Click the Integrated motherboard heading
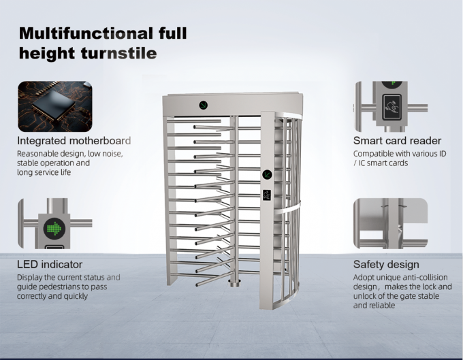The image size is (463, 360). tap(74, 141)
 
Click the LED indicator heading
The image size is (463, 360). tap(50, 264)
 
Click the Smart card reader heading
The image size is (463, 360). tap(397, 141)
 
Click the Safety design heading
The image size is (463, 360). tap(386, 264)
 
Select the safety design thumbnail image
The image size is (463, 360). tap(390, 224)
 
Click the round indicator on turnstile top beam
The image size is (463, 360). tap(204, 105)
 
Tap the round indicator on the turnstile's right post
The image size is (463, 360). tap(267, 175)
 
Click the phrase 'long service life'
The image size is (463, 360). tap(44, 173)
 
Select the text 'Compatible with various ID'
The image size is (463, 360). tap(400, 154)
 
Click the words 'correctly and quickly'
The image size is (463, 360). tap(52, 296)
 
